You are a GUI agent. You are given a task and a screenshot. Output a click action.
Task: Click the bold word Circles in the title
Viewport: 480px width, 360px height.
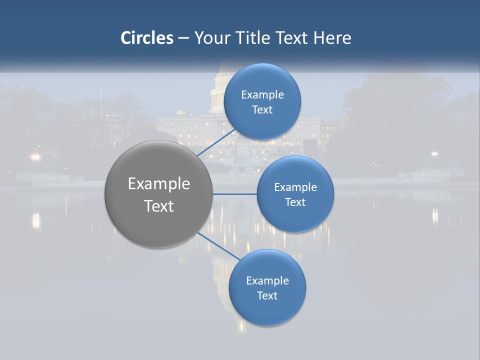147,38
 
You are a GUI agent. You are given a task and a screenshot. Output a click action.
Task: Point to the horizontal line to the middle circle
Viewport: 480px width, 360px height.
235,194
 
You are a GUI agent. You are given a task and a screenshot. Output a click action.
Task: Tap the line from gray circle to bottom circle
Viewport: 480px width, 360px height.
218,246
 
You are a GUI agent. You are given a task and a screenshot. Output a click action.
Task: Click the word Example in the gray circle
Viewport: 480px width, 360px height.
159,184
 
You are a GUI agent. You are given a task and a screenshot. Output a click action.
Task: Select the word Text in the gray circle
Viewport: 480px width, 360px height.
159,206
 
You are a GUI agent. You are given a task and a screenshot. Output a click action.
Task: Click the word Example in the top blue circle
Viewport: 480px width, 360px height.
262,94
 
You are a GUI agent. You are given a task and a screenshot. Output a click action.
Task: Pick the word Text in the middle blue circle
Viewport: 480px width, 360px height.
295,202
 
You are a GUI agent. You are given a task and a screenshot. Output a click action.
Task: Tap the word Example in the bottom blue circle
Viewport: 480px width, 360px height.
267,280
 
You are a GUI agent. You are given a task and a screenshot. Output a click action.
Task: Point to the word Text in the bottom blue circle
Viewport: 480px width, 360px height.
267,296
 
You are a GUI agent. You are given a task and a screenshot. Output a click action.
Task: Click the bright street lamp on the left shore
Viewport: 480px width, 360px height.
35,157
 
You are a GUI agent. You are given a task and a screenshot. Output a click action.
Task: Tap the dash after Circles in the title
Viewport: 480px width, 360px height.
183,38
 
